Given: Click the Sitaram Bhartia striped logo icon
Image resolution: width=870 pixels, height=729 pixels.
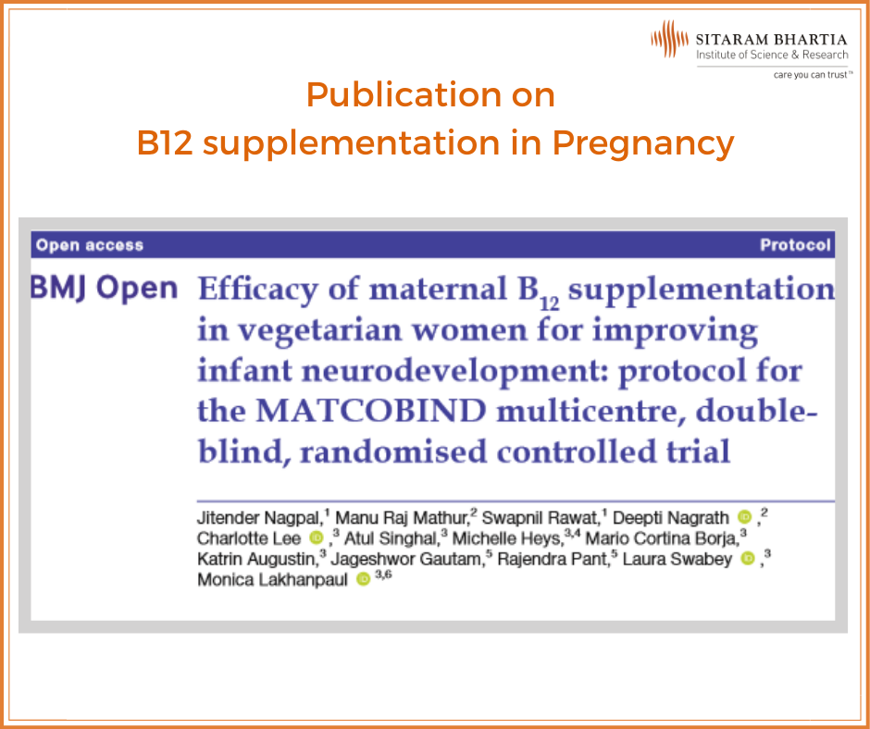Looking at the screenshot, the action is click(669, 39).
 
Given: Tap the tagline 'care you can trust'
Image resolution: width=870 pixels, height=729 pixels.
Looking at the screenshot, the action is click(811, 75).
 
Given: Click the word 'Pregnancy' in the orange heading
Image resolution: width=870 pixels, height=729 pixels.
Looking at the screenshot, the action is click(643, 143).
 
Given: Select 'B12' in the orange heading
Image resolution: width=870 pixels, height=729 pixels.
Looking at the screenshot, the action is click(165, 142).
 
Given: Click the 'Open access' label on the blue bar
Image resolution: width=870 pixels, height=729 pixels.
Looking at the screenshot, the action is click(90, 245).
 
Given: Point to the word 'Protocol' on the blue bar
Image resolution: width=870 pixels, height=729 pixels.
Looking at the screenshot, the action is click(795, 245).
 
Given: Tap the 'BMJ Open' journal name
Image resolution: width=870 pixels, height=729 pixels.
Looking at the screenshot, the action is click(104, 288).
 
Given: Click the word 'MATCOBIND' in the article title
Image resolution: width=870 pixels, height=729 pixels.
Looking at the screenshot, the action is click(370, 411).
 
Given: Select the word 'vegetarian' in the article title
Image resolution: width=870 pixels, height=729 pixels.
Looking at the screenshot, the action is click(319, 331).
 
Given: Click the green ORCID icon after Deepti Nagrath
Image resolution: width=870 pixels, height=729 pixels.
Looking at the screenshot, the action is click(744, 517).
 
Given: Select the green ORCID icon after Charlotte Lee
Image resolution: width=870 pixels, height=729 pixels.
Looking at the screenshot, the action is click(317, 537).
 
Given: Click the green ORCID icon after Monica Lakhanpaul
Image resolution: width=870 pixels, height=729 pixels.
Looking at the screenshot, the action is click(363, 579).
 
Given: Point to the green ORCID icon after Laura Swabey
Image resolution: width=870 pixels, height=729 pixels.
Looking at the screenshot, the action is click(748, 559).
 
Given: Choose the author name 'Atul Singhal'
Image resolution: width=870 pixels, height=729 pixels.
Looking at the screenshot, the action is click(391, 538).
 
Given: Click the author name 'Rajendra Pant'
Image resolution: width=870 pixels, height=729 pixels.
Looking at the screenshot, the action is click(553, 559).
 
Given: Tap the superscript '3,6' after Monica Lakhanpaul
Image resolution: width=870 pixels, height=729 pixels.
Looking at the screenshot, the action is click(383, 575).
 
